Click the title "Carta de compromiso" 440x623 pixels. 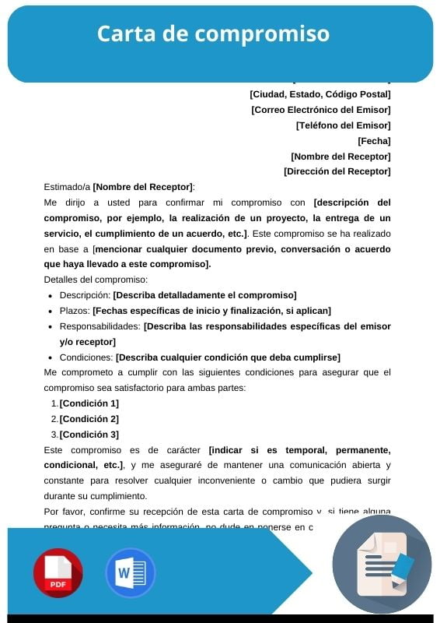213,34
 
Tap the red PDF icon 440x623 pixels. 58,573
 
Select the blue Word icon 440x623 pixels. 130,573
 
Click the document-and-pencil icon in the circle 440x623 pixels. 382,565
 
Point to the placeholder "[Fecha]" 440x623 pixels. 374,141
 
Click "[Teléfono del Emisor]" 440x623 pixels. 343,125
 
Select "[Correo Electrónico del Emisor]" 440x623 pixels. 320,110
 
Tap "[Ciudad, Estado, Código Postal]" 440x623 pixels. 320,94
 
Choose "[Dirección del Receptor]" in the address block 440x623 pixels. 337,171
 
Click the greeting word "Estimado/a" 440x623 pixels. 67,187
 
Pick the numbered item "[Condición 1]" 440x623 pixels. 89,403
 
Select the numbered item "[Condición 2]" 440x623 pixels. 89,419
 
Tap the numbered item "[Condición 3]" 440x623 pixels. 89,435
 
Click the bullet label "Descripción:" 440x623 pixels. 86,295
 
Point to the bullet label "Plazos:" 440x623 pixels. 75,311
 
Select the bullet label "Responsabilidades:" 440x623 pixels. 100,326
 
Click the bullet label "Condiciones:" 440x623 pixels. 86,357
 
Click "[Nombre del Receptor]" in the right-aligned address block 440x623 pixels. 340,156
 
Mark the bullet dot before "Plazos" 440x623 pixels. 51,311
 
